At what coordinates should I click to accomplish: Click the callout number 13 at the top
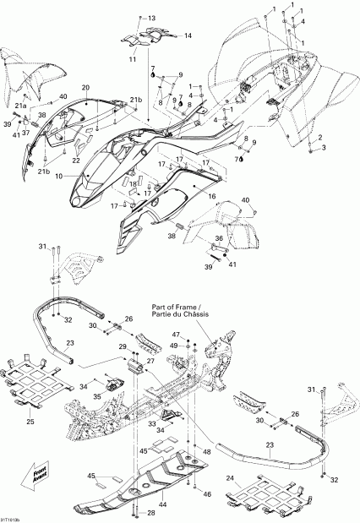tap(151, 18)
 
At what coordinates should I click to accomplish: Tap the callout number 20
tap(85, 88)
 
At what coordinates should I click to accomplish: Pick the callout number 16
tap(212, 196)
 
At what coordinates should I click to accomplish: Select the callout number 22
tap(76, 161)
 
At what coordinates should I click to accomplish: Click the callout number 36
tap(218, 239)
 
